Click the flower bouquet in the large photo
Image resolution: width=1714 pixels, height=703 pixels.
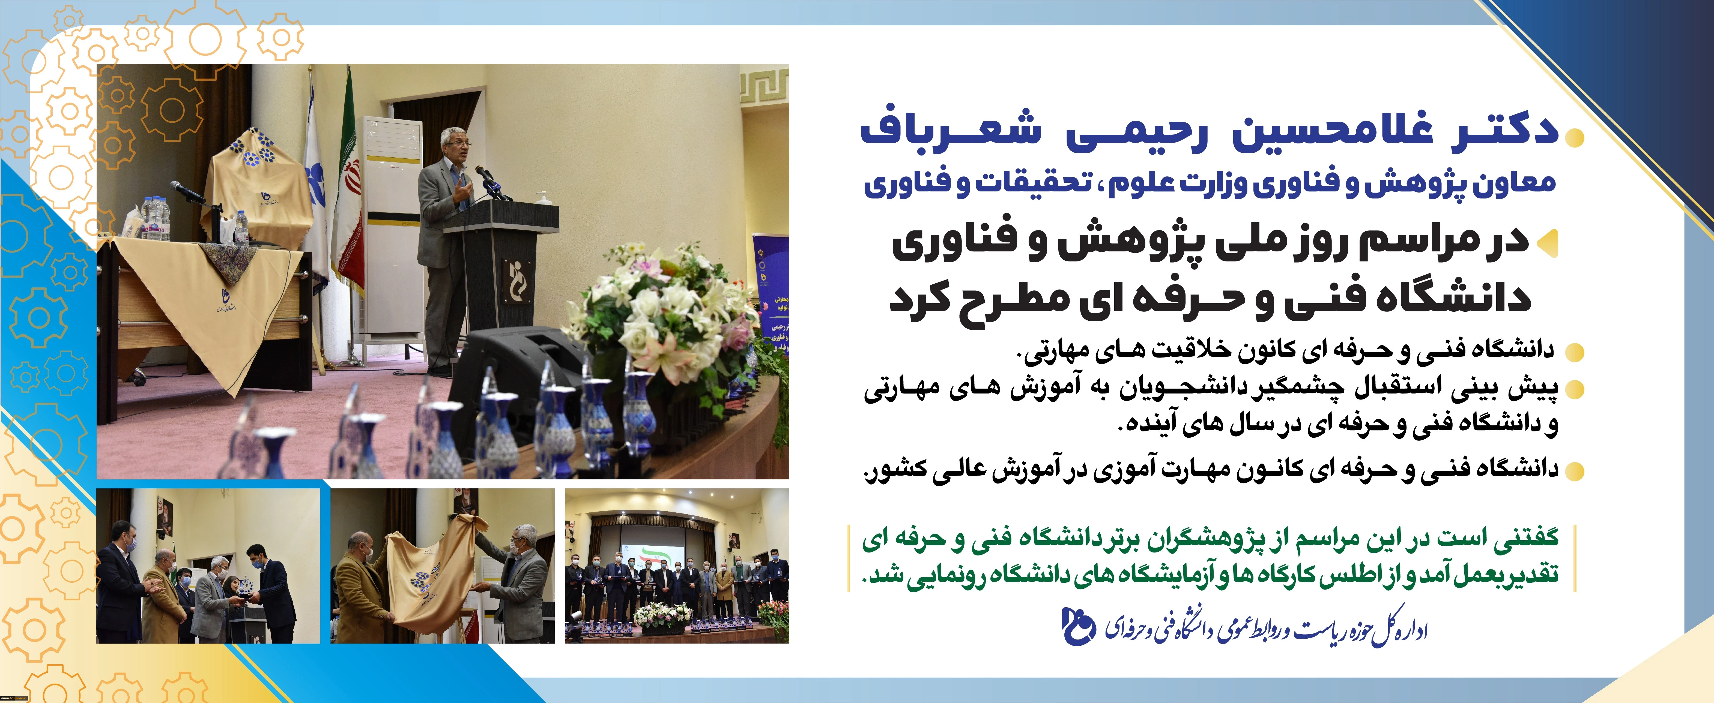coord(672,313)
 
